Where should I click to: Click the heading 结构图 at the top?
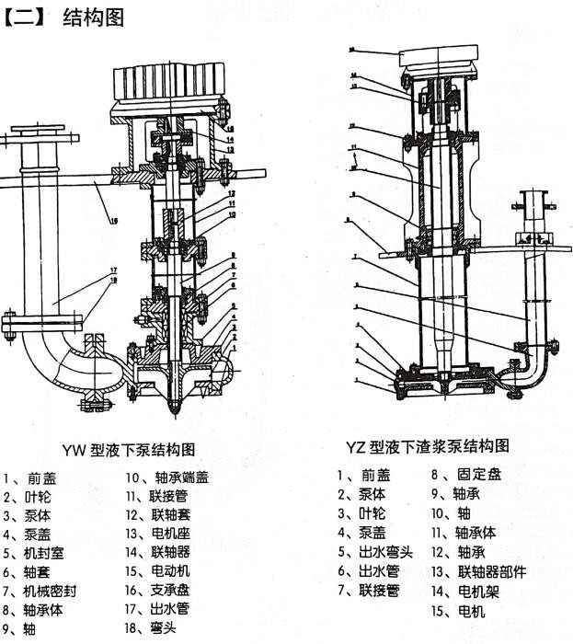click(x=92, y=18)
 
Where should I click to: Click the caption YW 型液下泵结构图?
click(x=128, y=450)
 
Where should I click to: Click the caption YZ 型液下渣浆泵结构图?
click(x=427, y=447)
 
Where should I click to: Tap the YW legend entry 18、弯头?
click(x=152, y=629)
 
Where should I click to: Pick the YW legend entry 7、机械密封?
click(x=38, y=591)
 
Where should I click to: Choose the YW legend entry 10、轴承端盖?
click(x=167, y=477)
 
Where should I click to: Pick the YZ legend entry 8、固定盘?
click(x=466, y=475)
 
